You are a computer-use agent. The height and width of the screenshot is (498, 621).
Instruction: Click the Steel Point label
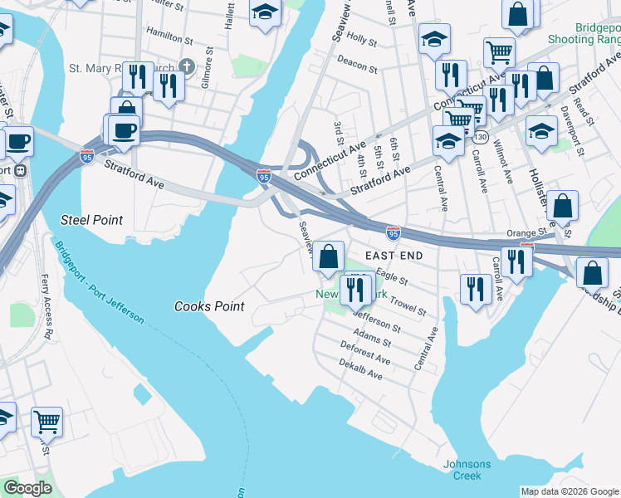tap(91, 220)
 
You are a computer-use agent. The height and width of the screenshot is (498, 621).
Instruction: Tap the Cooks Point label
tap(209, 306)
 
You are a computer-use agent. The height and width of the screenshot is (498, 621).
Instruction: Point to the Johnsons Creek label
tap(467, 470)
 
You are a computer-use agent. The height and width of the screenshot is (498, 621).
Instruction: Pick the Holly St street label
tap(362, 38)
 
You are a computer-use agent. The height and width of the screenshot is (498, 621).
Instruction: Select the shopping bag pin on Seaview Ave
tap(329, 256)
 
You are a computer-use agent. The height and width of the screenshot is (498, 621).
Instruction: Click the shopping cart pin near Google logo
tap(46, 421)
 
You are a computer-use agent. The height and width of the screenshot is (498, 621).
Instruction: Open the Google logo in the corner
tap(27, 488)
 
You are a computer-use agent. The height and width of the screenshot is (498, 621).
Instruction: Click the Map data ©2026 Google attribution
tap(569, 491)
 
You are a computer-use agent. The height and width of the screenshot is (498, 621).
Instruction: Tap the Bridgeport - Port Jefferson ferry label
tap(99, 283)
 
